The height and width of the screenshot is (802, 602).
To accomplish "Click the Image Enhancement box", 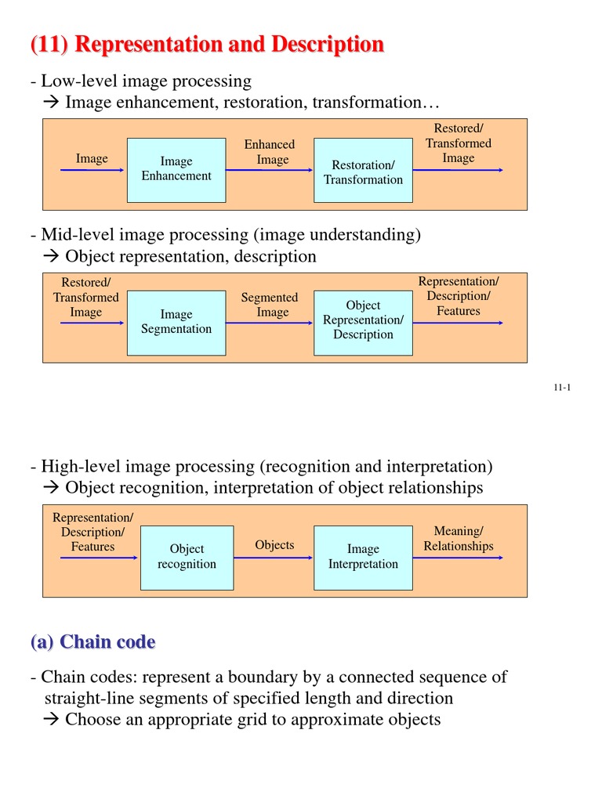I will [176, 170].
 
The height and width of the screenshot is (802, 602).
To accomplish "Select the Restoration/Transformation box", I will [363, 171].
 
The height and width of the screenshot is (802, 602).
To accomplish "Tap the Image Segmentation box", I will [176, 323].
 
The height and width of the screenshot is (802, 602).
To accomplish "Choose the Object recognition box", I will [187, 558].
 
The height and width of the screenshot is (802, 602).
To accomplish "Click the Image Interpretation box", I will [363, 558].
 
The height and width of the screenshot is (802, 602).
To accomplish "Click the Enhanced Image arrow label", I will [270, 152].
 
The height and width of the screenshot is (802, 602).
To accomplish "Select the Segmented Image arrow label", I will [270, 305].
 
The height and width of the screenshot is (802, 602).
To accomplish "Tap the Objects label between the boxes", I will [274, 545].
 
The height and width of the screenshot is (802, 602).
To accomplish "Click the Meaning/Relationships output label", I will [459, 539].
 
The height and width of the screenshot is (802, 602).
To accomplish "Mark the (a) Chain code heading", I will [92, 642].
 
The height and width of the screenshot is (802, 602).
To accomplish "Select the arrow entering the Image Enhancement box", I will [92, 170].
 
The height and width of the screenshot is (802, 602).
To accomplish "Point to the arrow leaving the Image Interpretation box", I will [458, 558].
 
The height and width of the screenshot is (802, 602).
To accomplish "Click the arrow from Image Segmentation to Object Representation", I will [270, 323].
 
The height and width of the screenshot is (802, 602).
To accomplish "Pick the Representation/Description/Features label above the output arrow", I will [459, 296].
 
